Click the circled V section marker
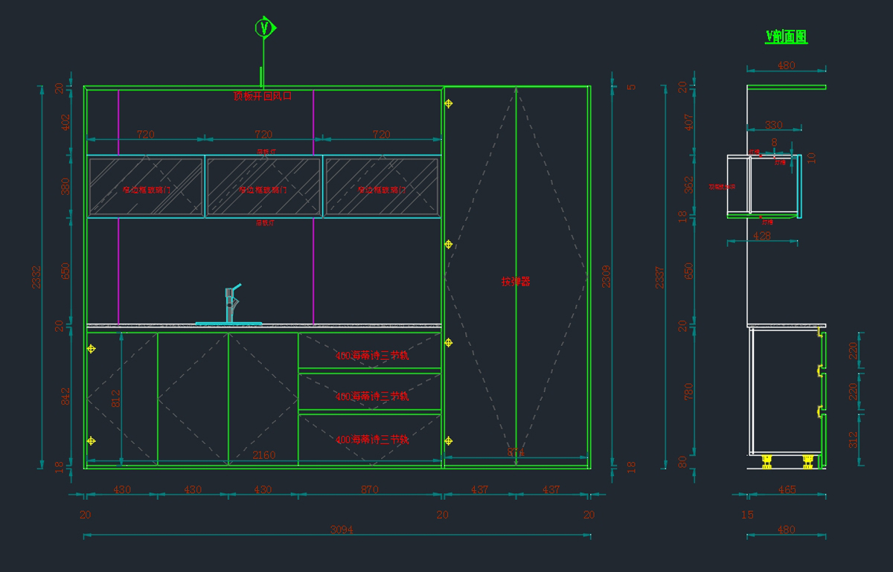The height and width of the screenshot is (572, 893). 264,28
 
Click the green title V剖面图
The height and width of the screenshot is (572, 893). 786,36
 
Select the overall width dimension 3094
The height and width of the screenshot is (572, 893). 341,530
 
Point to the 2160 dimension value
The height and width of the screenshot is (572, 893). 263,455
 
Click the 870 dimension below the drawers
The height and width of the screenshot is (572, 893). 369,489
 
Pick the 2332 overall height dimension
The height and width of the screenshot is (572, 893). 36,277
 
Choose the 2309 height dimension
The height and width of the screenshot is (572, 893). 606,276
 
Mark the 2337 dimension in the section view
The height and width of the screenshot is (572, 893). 659,277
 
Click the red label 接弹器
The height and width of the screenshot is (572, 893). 515,281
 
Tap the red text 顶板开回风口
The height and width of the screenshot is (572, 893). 263,96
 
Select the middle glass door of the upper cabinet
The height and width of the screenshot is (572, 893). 263,187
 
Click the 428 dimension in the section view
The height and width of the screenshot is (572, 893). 762,236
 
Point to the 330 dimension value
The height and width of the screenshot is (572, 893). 774,125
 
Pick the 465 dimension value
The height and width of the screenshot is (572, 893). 787,489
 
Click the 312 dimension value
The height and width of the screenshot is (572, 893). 853,439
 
